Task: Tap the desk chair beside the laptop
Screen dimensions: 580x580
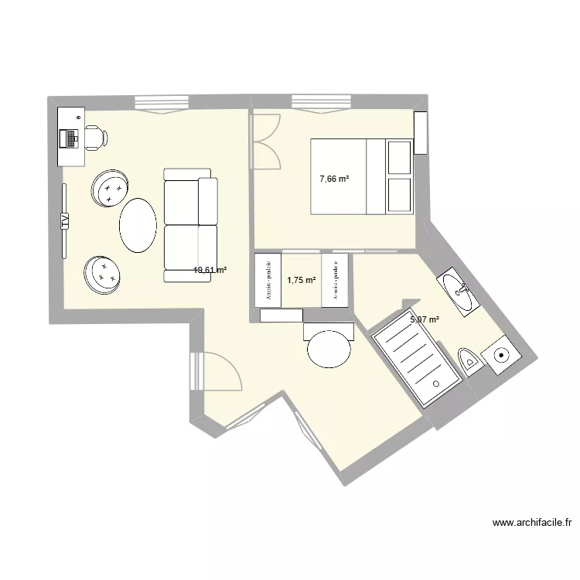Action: (96, 137)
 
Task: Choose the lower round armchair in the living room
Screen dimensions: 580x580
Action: (104, 274)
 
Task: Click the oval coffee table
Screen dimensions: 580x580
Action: (138, 225)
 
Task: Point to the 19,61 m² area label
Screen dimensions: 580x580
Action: (210, 271)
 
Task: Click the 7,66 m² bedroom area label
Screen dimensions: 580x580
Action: (334, 179)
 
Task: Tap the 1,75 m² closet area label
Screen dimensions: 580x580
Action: (302, 281)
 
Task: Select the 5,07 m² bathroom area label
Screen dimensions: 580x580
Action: (425, 319)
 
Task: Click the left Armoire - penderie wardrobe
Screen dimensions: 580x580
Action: (268, 279)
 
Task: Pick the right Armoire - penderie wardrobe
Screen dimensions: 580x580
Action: (335, 280)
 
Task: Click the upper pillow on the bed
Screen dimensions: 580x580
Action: (400, 158)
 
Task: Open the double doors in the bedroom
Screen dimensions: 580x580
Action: (266, 141)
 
